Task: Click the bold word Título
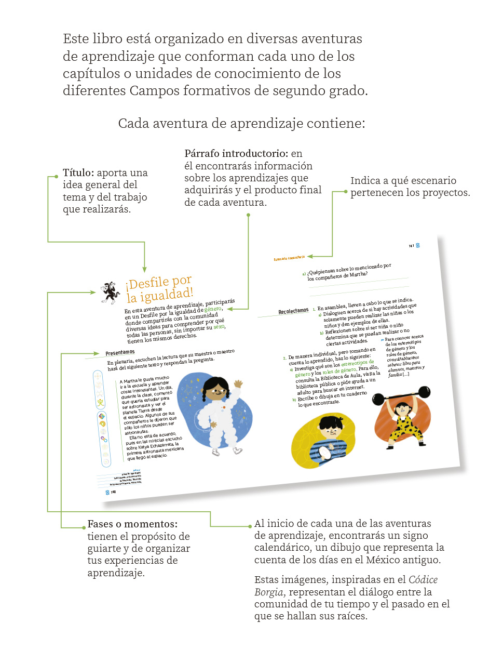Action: coord(78,173)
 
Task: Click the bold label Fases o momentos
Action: coord(132,524)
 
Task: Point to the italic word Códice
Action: coord(423,580)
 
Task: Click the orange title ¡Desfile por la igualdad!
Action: coord(159,289)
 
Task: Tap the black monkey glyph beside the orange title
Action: coord(111,292)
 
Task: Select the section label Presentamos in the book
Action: coord(120,353)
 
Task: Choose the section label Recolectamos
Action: coord(293,311)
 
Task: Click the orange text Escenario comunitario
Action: coord(289,258)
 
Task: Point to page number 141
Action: coord(411,246)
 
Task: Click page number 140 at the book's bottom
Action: coord(113,492)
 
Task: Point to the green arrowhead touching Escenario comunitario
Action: coord(309,256)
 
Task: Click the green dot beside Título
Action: coord(56,177)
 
